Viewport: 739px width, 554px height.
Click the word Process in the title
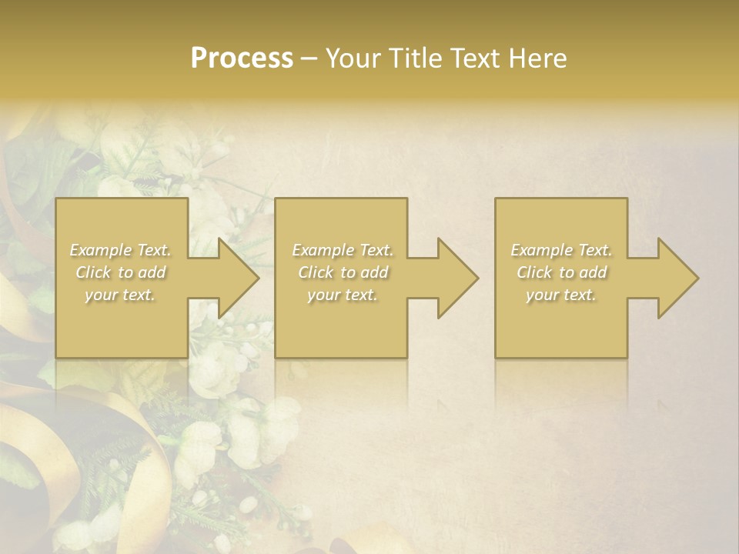click(x=242, y=58)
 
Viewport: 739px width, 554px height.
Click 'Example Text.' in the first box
click(x=121, y=250)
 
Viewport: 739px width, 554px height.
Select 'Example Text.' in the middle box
click(x=343, y=250)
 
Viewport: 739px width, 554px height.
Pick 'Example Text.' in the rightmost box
click(x=561, y=250)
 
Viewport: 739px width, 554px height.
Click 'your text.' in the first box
click(x=120, y=295)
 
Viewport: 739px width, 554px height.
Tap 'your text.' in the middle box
click(x=342, y=295)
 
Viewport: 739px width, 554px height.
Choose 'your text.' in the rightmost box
click(x=560, y=295)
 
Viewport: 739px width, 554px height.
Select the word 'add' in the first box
click(x=152, y=272)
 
